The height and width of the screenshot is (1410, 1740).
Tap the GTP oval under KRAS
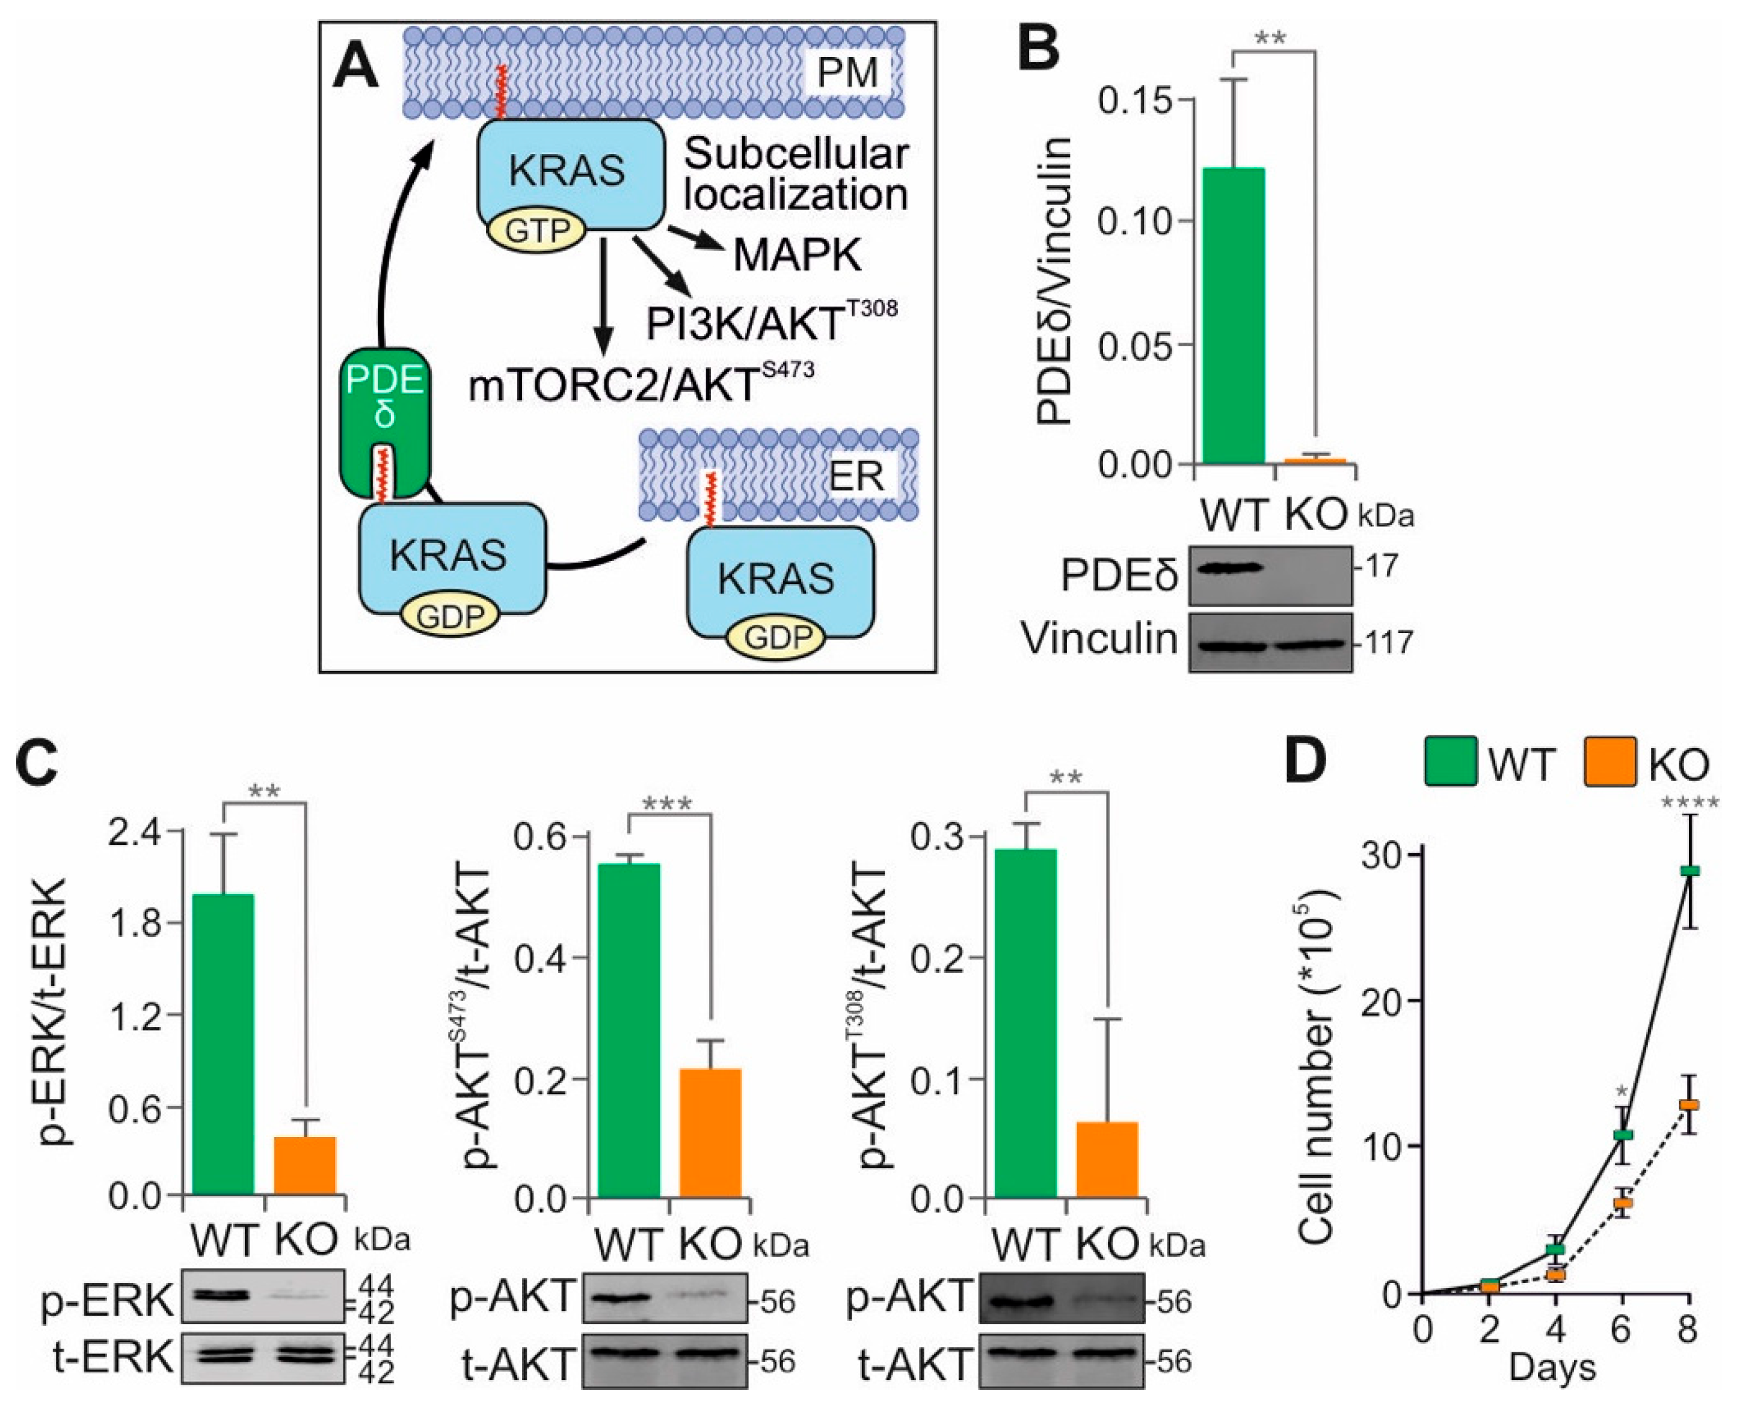(536, 231)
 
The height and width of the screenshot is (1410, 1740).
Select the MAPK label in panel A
(797, 255)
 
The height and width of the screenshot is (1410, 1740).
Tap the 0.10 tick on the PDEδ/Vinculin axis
(1135, 222)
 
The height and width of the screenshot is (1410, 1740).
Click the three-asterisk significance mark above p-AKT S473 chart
(668, 805)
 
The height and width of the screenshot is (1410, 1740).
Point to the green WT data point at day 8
(1689, 871)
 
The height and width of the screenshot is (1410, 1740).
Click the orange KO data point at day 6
(1622, 1203)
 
